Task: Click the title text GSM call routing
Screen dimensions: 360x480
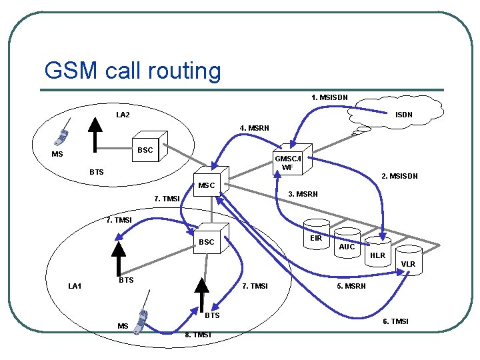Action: [x=132, y=70]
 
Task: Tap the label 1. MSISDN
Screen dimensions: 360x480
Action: [x=329, y=97]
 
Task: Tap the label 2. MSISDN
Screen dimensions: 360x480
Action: [x=399, y=177]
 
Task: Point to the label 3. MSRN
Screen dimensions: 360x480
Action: [x=302, y=194]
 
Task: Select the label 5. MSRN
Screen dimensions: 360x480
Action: [x=351, y=286]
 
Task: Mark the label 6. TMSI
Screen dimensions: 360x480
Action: [x=395, y=322]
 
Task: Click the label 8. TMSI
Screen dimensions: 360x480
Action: [x=197, y=335]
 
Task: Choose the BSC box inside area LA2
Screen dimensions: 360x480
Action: [x=147, y=149]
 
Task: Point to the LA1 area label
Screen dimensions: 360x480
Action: [x=75, y=286]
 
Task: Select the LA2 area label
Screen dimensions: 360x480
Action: [x=123, y=115]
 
